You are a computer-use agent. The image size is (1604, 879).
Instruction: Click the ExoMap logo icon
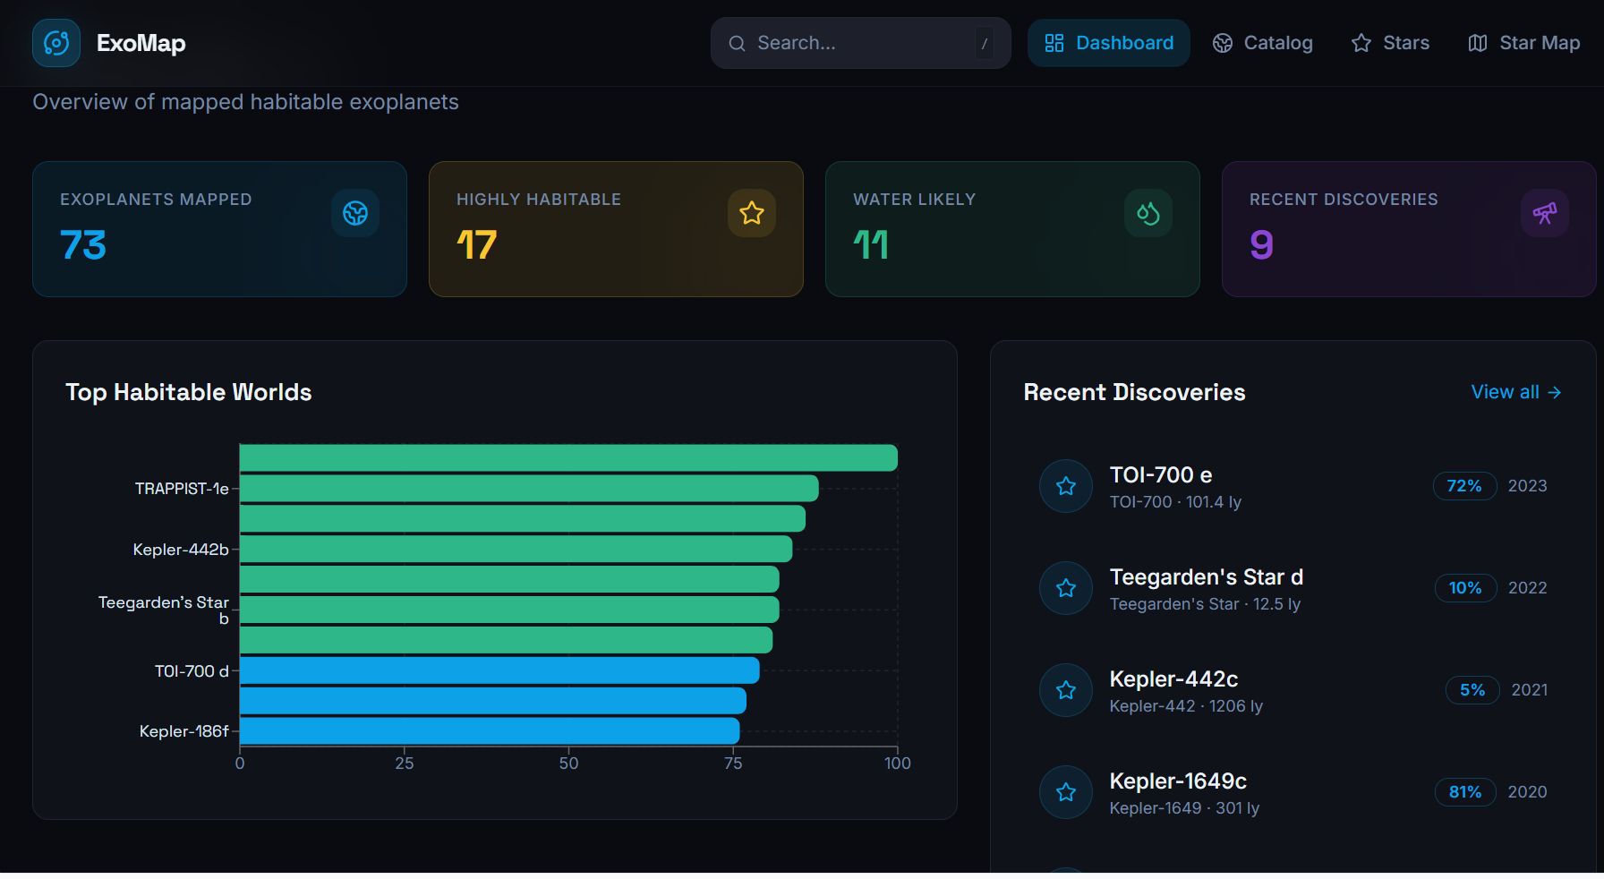point(56,43)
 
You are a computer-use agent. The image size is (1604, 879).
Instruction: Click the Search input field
point(860,43)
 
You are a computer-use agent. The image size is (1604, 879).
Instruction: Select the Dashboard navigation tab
point(1108,43)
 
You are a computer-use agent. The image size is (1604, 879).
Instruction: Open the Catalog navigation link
point(1262,43)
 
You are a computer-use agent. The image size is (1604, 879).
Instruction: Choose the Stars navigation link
point(1390,43)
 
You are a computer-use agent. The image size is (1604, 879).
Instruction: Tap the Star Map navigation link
point(1523,43)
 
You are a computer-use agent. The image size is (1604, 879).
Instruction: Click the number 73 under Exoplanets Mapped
point(83,245)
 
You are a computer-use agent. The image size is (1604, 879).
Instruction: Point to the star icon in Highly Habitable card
point(752,213)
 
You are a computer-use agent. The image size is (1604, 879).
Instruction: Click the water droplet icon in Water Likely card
point(1148,213)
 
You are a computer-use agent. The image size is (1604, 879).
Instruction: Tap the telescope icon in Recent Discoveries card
point(1545,213)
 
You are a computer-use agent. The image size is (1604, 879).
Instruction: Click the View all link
point(1516,392)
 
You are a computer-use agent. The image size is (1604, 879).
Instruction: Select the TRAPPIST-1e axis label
point(182,489)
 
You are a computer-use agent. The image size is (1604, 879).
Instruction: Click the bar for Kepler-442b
point(516,549)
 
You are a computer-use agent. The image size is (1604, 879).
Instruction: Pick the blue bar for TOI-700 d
point(499,670)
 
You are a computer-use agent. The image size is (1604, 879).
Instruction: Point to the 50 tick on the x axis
point(568,764)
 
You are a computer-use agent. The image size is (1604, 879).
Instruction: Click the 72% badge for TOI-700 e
point(1464,486)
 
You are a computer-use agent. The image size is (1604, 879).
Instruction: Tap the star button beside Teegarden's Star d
point(1066,588)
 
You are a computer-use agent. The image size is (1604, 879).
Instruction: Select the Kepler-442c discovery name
point(1173,679)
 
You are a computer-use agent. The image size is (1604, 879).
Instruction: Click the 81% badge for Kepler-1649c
point(1465,792)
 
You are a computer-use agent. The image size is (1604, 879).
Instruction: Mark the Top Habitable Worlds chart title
point(189,392)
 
